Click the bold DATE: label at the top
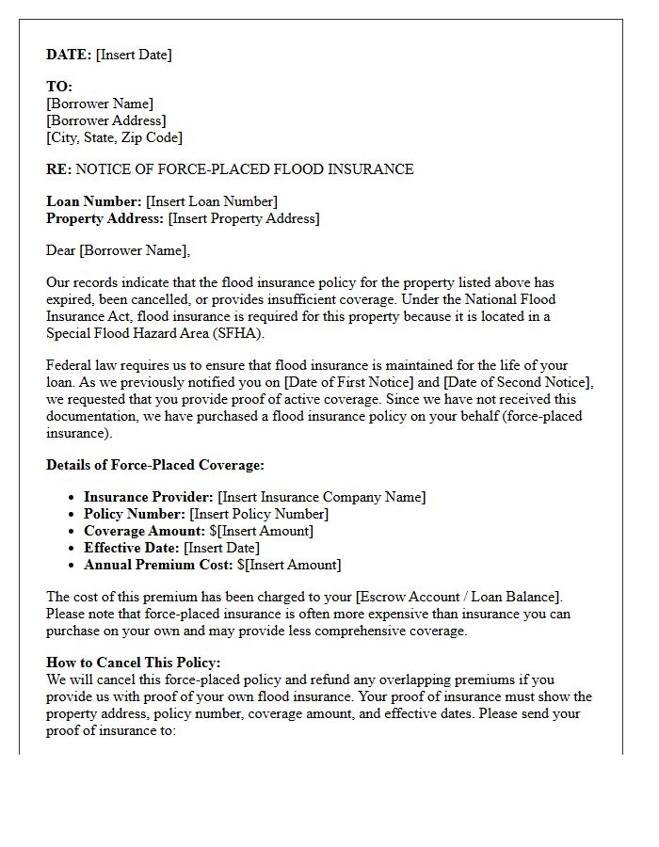(69, 55)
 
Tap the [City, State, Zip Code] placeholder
(114, 137)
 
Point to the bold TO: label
(59, 87)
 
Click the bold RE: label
(58, 169)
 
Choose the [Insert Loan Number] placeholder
(212, 201)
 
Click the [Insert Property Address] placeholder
(244, 218)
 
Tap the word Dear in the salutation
(61, 250)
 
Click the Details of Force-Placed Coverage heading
(155, 465)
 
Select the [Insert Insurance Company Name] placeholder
(321, 497)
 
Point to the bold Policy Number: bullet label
(135, 514)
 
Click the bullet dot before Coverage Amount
(72, 532)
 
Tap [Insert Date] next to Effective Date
(221, 548)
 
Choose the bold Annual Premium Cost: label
(158, 565)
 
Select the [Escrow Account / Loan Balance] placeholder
(458, 597)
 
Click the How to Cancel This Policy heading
(134, 663)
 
